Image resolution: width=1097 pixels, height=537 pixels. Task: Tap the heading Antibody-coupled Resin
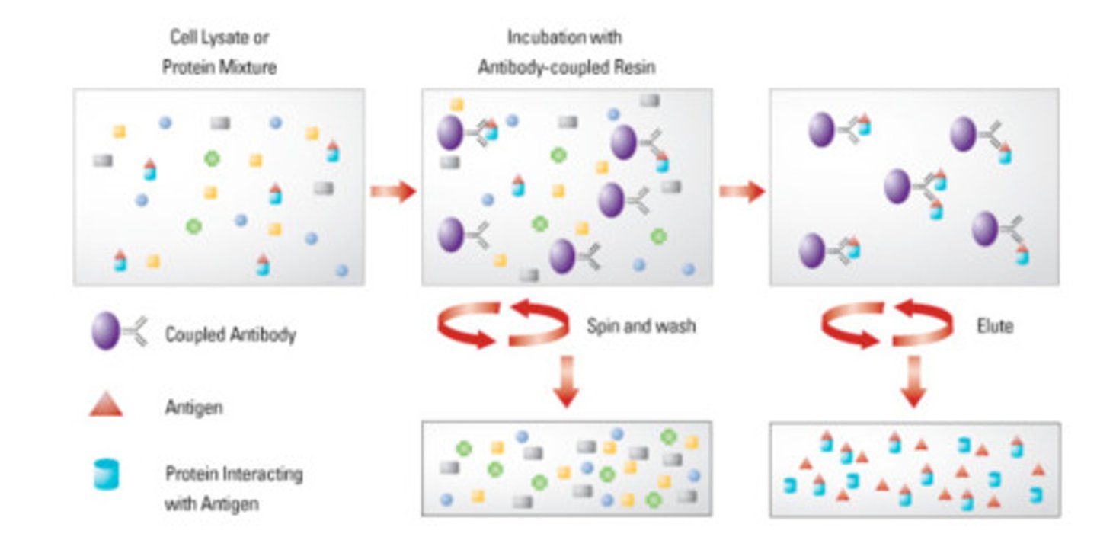566,66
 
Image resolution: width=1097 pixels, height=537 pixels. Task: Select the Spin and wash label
640,327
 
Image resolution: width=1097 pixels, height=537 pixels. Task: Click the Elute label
994,327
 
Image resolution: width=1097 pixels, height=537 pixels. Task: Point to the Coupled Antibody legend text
230,334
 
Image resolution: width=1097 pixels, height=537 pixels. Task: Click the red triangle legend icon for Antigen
106,407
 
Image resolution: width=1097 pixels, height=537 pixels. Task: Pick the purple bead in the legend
106,334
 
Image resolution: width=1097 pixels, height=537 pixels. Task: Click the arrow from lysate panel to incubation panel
392,190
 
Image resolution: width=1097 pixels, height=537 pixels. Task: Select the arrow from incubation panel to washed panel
741,190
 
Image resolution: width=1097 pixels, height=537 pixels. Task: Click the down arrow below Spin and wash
565,385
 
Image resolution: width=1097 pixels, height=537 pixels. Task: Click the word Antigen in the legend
193,408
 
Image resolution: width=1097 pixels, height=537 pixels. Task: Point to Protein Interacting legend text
234,474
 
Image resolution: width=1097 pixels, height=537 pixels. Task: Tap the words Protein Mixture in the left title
219,67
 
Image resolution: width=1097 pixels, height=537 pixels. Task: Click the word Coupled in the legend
194,334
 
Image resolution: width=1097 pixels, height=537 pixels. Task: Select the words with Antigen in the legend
212,503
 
